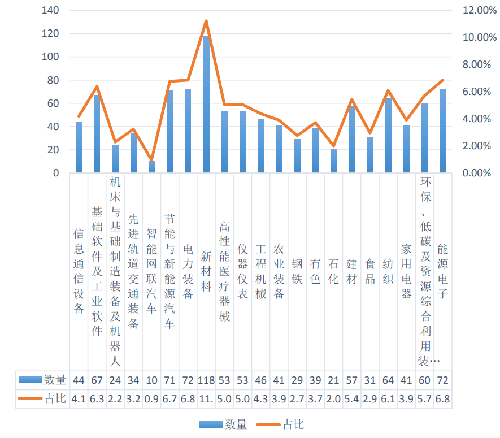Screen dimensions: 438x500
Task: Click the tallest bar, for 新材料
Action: [206, 105]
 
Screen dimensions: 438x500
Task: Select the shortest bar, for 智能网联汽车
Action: [151, 167]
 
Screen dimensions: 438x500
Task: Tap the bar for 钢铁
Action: [297, 156]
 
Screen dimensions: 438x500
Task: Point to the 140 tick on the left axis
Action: [50, 10]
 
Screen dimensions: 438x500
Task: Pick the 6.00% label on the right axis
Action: [472, 92]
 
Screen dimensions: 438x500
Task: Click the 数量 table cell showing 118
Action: [206, 379]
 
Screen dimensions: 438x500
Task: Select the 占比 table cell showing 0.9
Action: [151, 398]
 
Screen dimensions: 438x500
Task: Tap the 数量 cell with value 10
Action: [151, 379]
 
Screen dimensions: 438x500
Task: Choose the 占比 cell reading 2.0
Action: [333, 398]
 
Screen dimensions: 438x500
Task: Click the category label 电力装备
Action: [188, 271]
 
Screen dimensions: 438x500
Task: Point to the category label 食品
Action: [370, 271]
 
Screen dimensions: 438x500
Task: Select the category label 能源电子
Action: [443, 271]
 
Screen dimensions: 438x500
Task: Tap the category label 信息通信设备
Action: [79, 271]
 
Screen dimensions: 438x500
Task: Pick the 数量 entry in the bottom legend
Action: [224, 424]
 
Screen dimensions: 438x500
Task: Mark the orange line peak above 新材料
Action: [206, 21]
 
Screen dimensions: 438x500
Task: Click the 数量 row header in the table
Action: [43, 379]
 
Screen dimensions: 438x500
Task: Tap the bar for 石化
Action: [333, 161]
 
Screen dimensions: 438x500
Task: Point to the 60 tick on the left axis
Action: [53, 103]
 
